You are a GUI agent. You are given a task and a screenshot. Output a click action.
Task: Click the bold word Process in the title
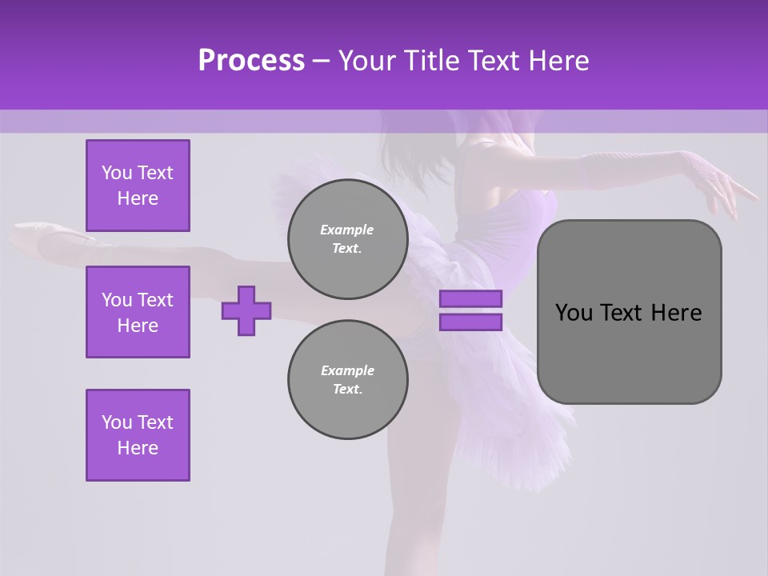[251, 61]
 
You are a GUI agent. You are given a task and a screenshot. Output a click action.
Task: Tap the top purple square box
[138, 186]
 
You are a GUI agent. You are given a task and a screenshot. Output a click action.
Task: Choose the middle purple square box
[138, 312]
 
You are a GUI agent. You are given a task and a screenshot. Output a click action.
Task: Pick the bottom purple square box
[138, 435]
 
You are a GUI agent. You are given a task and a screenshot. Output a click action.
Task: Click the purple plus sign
[246, 310]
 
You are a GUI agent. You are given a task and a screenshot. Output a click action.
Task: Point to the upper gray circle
[348, 238]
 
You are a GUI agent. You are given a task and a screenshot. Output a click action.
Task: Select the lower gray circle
[348, 379]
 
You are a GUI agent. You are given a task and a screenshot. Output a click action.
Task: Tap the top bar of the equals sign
[470, 298]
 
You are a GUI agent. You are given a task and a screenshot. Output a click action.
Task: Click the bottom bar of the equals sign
[470, 322]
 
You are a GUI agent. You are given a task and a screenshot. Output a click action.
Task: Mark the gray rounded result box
[630, 352]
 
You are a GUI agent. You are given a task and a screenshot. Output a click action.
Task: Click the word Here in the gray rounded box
[676, 313]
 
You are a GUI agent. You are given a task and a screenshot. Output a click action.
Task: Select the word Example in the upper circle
[347, 230]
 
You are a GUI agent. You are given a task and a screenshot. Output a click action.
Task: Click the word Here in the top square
[138, 198]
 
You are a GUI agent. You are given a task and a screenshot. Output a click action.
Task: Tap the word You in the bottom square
[116, 422]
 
